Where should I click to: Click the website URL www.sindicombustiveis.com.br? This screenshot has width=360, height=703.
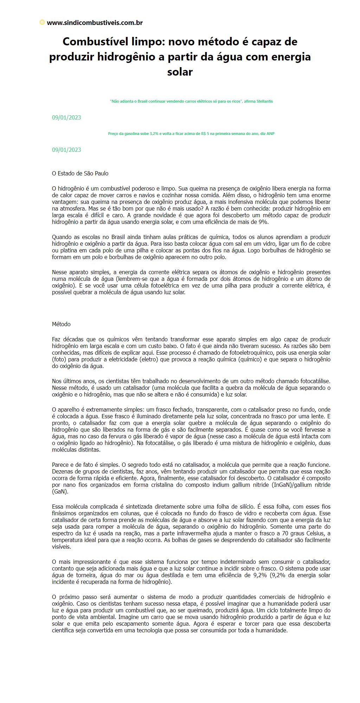click(x=95, y=23)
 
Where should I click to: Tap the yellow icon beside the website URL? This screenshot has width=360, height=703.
click(x=42, y=22)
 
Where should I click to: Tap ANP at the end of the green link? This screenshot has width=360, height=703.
click(x=270, y=134)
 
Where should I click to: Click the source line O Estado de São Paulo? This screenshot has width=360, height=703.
click(x=80, y=173)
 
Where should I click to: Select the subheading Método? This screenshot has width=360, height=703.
click(x=61, y=324)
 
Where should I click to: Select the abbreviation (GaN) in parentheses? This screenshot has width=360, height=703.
click(x=60, y=491)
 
